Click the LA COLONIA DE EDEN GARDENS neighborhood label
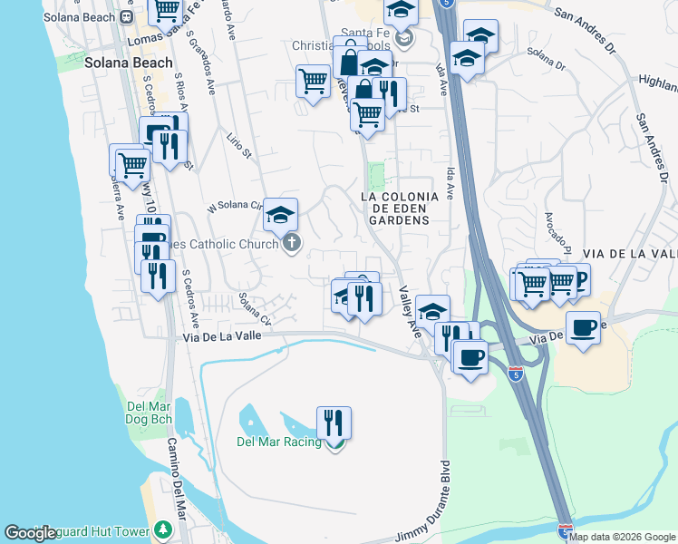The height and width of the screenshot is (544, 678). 399,208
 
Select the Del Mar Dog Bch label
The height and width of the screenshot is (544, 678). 152,413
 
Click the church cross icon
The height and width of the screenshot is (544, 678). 292,243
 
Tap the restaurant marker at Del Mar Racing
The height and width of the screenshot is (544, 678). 334,423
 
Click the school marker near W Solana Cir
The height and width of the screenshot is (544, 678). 281,216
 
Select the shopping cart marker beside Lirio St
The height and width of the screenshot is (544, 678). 313,82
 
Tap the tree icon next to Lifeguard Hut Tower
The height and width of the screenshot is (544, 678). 163,529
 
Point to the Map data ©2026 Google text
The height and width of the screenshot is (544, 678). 623,537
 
